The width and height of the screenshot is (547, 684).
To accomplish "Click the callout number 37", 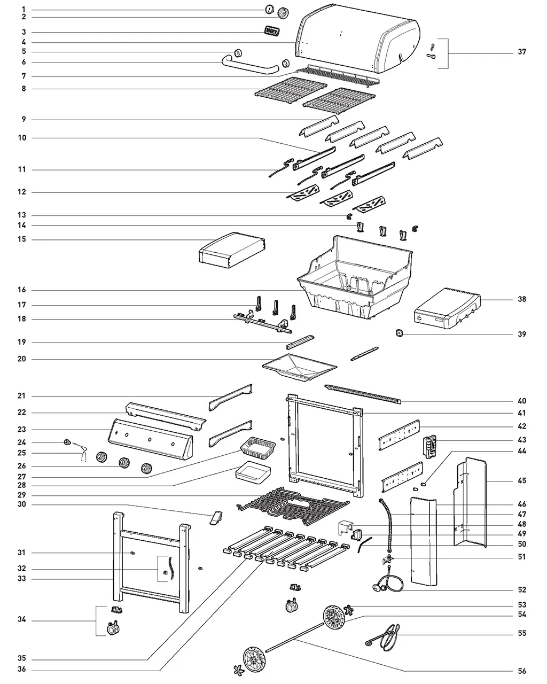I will click(x=521, y=52).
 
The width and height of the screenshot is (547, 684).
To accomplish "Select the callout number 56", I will click(x=521, y=671).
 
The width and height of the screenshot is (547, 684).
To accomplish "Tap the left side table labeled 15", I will click(x=232, y=249).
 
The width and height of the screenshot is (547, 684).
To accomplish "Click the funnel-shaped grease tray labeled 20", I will click(x=299, y=369).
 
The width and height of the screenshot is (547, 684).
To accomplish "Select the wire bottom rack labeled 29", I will click(x=291, y=505).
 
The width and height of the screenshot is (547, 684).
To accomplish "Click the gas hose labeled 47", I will click(x=387, y=526).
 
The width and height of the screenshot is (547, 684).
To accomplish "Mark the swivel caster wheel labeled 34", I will click(x=114, y=629).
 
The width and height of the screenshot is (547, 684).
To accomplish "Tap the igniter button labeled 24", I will click(x=68, y=442).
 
